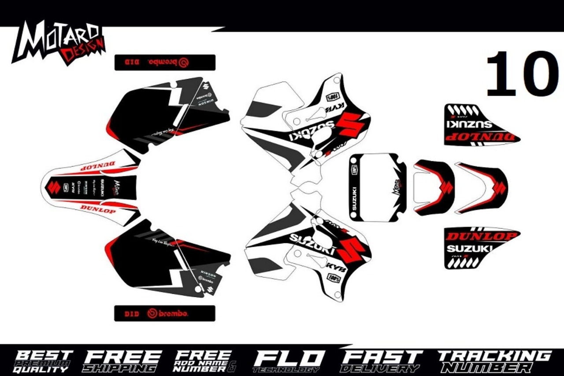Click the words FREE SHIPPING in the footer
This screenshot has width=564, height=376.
tap(122, 361)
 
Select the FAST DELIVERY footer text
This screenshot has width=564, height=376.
tap(381, 361)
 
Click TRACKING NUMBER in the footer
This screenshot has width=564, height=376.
tap(493, 361)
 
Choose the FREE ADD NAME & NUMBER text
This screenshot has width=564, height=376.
tap(204, 361)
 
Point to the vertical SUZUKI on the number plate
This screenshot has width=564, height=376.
tap(355, 199)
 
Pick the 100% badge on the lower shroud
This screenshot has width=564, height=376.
tap(334, 278)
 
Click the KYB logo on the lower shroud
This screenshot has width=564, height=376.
tap(337, 267)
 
